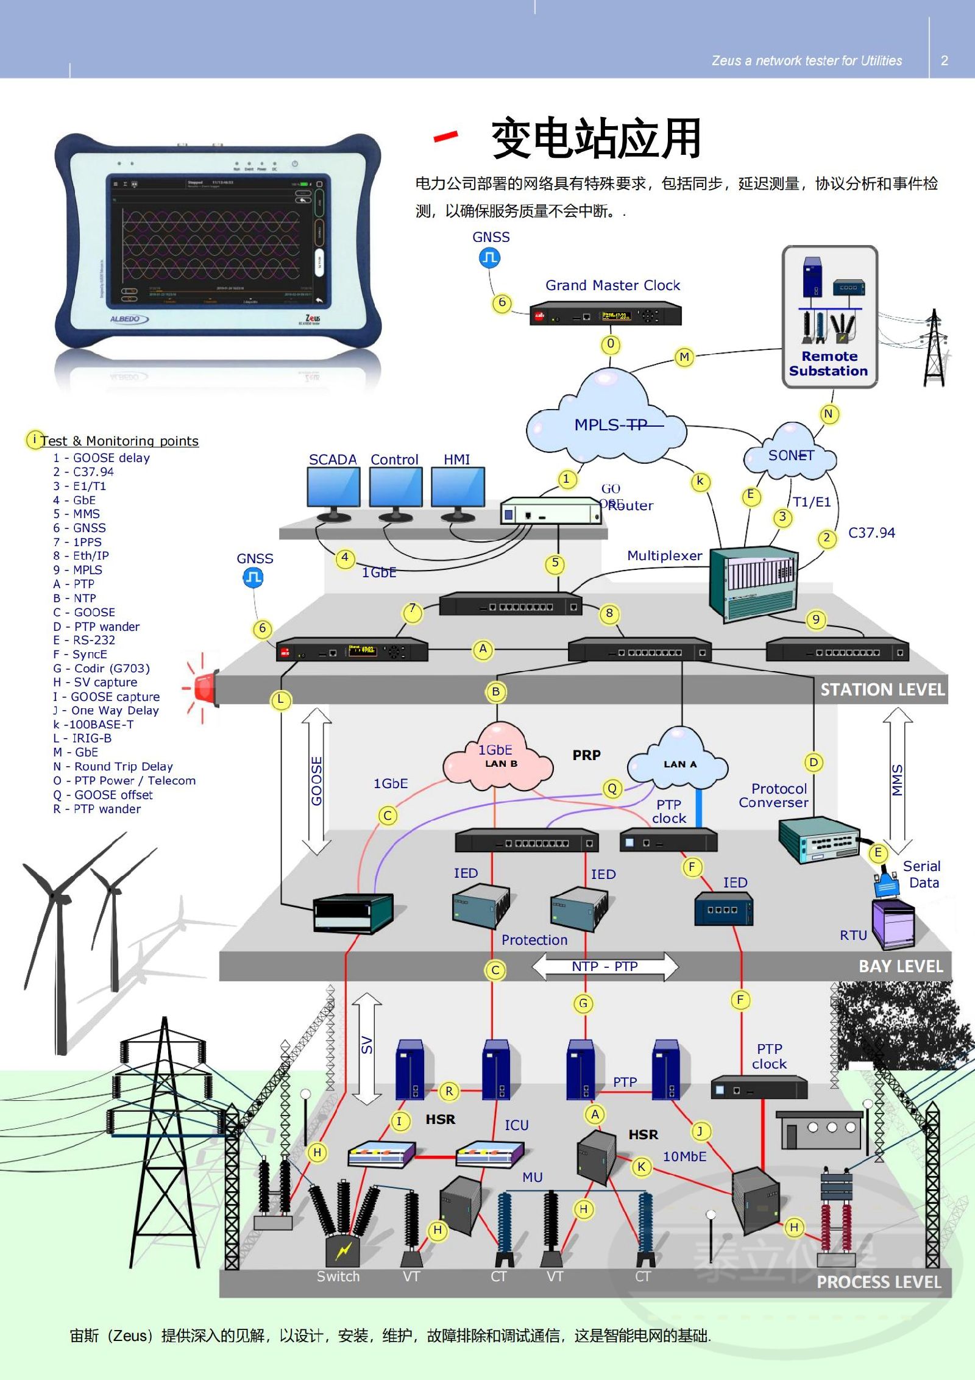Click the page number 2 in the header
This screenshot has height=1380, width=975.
(x=945, y=60)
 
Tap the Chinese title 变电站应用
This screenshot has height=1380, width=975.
(x=596, y=138)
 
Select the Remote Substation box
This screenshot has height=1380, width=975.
(x=829, y=317)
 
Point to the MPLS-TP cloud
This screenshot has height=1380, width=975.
(x=606, y=421)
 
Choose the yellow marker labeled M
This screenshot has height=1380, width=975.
(x=684, y=357)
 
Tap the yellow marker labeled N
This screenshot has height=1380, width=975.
(x=828, y=414)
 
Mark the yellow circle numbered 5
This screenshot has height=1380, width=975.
(x=555, y=563)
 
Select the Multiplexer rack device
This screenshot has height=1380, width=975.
(x=754, y=583)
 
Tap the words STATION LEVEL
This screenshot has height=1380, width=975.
(x=882, y=689)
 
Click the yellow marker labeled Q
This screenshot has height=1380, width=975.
(x=612, y=788)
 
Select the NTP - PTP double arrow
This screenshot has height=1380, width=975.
(x=604, y=967)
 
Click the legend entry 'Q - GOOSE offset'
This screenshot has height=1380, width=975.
(x=103, y=795)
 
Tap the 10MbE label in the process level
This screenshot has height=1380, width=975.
(x=684, y=1156)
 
